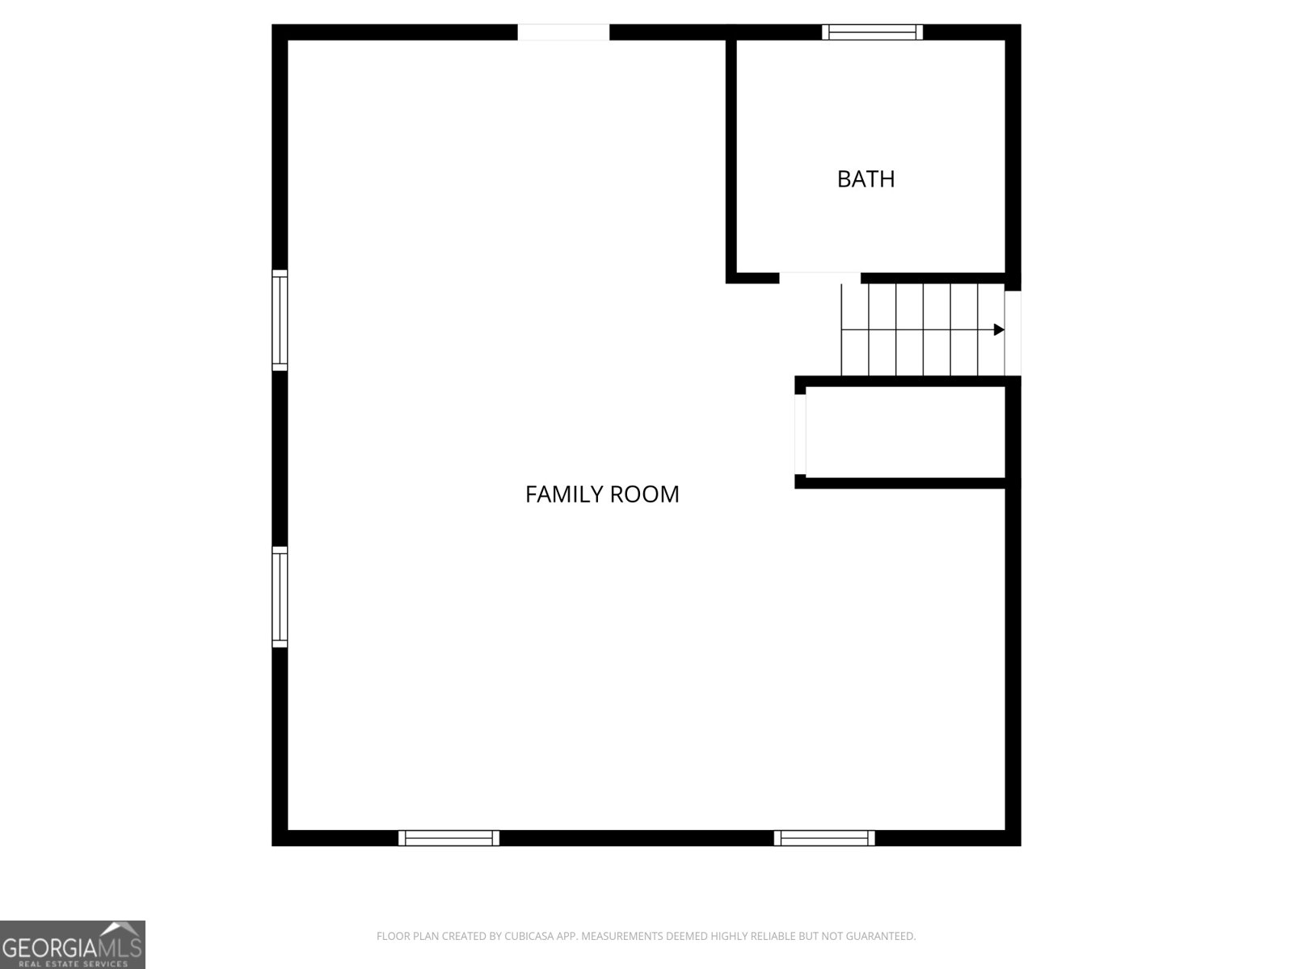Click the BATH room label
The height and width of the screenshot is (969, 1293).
[x=866, y=178]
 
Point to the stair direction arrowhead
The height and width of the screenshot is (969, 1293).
[x=999, y=329]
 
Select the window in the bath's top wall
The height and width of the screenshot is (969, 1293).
[x=872, y=32]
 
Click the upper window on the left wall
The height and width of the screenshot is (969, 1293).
[x=280, y=320]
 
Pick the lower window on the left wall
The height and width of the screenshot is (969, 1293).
[x=280, y=597]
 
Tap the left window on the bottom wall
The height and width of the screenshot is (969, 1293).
[x=449, y=838]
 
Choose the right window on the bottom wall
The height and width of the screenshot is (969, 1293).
[x=824, y=838]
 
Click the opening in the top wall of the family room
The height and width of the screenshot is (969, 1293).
[x=563, y=32]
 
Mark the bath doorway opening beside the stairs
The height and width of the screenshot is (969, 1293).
[x=819, y=279]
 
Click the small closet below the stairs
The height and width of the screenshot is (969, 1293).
[x=905, y=432]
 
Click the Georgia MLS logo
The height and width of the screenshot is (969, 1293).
[x=72, y=944]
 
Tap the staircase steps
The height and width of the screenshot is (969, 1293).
[x=921, y=329]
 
